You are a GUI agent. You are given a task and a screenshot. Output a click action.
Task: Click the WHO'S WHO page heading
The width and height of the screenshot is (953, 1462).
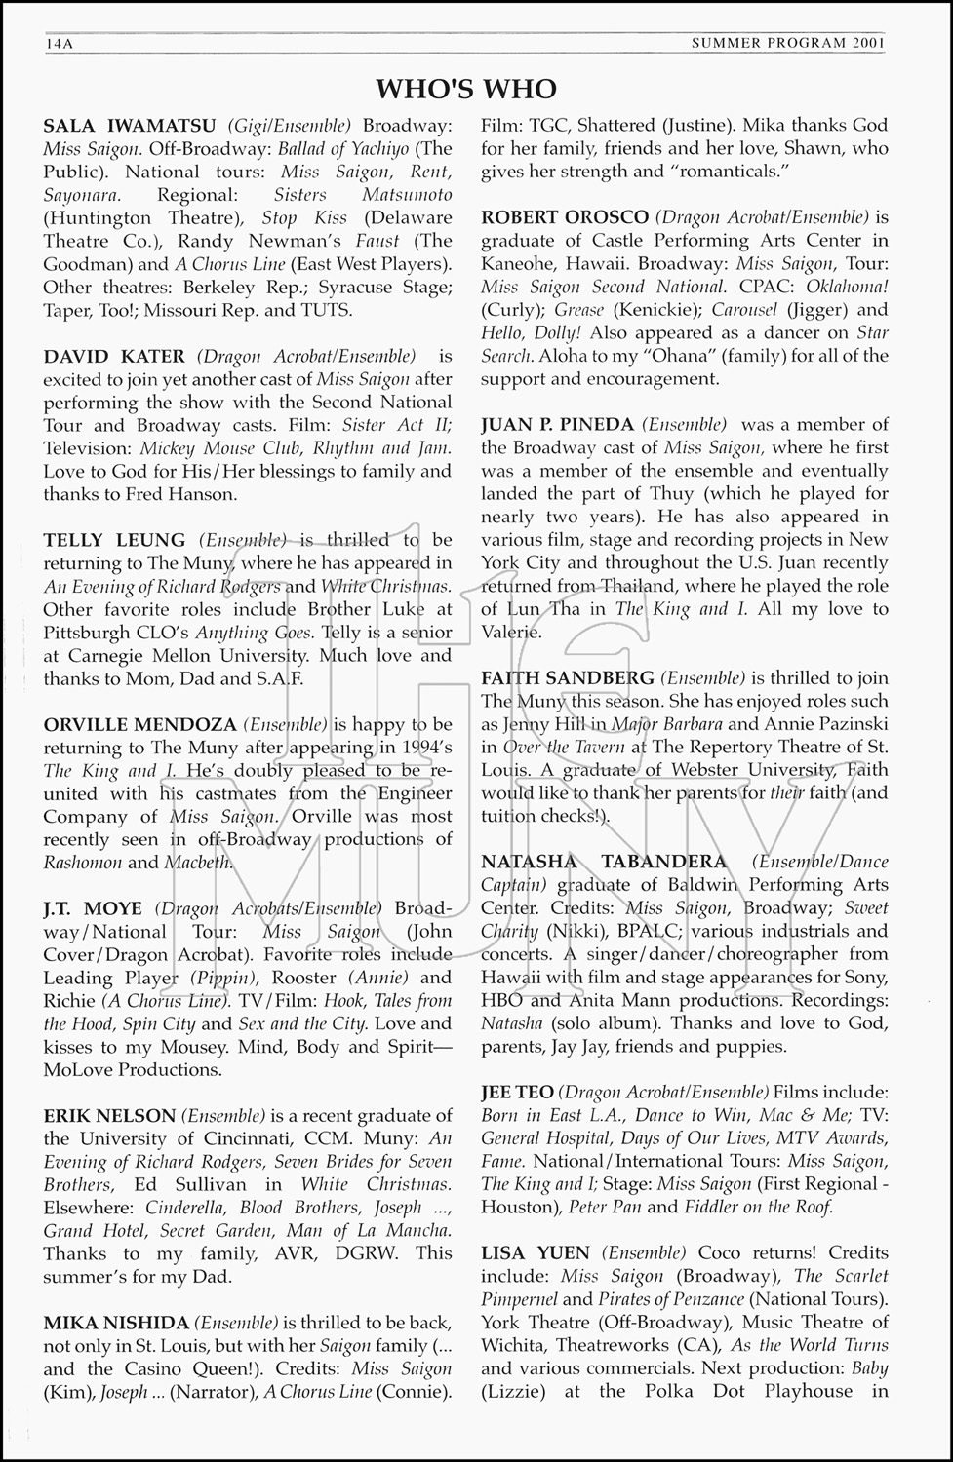466,89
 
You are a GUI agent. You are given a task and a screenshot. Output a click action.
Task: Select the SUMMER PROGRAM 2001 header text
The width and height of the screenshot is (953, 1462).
788,43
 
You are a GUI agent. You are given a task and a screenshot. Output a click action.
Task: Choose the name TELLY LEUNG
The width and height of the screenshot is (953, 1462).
115,540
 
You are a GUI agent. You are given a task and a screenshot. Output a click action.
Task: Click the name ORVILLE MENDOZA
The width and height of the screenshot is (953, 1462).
139,724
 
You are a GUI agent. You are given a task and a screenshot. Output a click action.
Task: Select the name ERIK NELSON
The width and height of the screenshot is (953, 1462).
109,1116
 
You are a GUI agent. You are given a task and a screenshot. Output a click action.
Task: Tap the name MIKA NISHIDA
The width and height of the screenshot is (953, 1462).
116,1324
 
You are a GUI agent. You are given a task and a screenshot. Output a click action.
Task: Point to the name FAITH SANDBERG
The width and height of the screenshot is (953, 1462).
567,678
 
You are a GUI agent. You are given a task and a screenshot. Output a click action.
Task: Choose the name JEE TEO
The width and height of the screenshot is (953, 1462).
517,1093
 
